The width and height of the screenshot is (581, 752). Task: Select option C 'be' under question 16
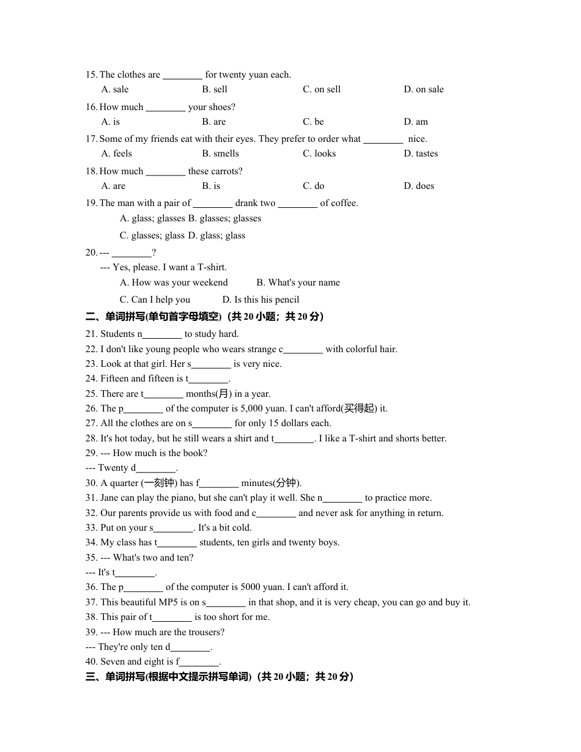coord(313,122)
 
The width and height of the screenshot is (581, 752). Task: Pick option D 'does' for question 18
coord(419,186)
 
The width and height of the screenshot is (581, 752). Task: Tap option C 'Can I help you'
coord(155,300)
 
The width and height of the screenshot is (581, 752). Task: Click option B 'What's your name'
coord(298,282)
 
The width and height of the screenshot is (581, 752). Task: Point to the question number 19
coord(91,203)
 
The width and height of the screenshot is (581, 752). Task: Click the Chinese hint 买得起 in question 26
coord(358,408)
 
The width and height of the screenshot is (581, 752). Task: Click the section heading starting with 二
coord(204,316)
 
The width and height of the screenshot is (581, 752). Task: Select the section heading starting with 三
coord(219,676)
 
